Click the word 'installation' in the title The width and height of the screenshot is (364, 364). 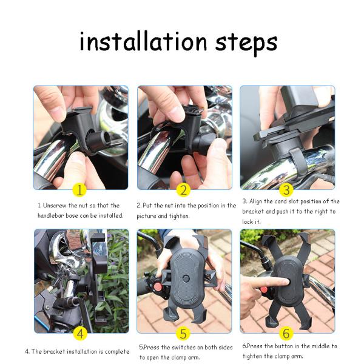(x=143, y=41)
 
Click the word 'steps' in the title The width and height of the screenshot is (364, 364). (x=246, y=44)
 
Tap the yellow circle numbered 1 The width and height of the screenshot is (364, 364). (x=79, y=190)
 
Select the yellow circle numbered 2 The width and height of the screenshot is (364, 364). (x=183, y=190)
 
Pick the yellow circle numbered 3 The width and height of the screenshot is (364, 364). (x=286, y=190)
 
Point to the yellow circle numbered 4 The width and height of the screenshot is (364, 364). (x=80, y=334)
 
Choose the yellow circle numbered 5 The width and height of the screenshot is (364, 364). (x=183, y=334)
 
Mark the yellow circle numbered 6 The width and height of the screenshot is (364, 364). (x=286, y=334)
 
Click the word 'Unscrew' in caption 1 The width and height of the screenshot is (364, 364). (x=55, y=206)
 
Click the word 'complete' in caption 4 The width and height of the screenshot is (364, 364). (x=117, y=352)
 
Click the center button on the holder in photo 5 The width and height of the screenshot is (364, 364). (x=186, y=278)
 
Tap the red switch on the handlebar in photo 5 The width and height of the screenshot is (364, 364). (x=158, y=288)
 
